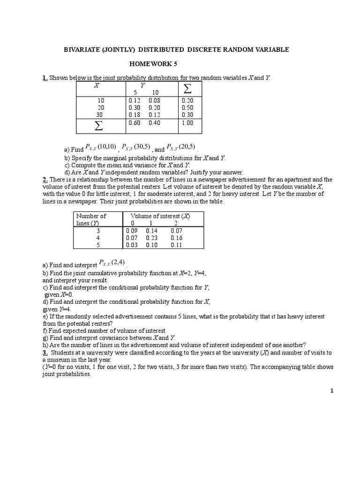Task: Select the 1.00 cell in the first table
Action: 187,123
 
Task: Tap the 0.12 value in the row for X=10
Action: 134,100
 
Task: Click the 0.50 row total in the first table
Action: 187,107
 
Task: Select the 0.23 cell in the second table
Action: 152,238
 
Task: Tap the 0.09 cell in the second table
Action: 132,231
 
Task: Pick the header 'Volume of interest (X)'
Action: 163,216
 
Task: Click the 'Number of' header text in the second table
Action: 91,216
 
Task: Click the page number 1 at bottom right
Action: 331,392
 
